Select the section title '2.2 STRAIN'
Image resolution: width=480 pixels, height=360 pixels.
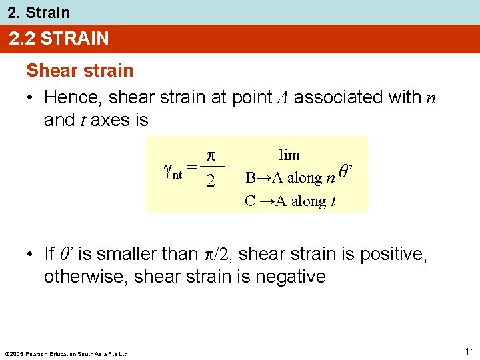59,39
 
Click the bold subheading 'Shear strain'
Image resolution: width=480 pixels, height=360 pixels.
79,71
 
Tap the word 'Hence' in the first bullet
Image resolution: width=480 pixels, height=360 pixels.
73,97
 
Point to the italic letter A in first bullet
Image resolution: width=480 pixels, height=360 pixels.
281,97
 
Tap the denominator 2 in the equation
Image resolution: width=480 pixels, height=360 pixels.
210,181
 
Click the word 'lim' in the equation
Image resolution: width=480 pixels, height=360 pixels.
289,155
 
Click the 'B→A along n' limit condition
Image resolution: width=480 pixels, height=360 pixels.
290,178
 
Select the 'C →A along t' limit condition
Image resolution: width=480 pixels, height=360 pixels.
290,201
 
